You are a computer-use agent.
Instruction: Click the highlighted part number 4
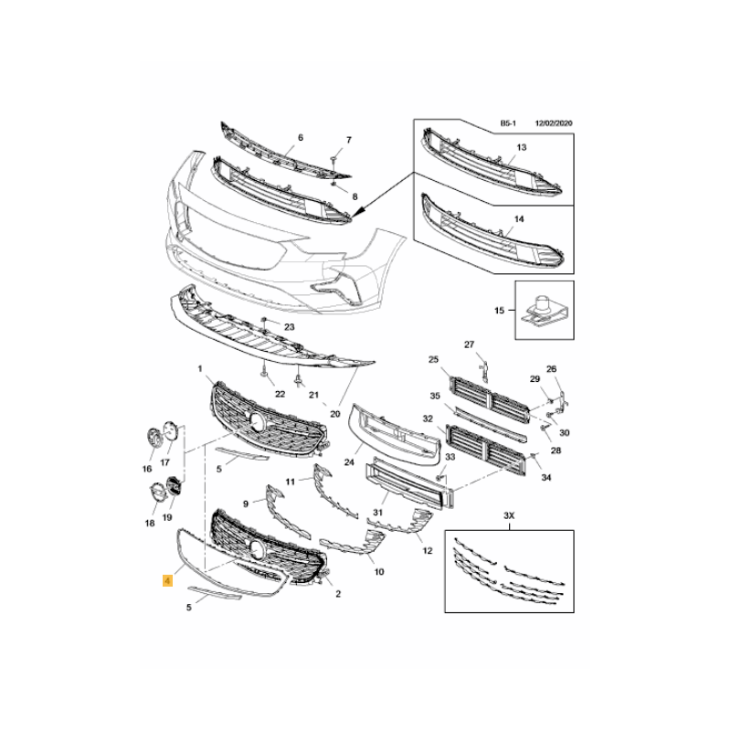pos(167,581)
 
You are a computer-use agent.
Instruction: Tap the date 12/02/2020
pos(554,123)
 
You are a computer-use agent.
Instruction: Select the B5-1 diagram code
pos(508,123)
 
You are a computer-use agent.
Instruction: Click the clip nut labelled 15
pos(542,311)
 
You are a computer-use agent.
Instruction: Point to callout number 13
pos(521,147)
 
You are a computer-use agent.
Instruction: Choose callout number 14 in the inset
pos(519,218)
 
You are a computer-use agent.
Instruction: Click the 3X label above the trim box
pos(509,515)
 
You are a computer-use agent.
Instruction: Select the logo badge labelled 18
pos(156,493)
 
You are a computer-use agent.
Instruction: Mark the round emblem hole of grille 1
pos(258,421)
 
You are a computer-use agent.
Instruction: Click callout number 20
pos(335,414)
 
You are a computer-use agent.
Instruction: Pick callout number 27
pos(469,344)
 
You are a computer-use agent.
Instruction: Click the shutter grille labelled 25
pos(490,399)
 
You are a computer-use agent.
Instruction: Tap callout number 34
pos(546,477)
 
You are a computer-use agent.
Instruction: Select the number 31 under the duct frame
pos(377,513)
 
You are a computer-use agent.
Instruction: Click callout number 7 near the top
pos(349,140)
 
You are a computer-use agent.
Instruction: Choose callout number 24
pos(349,462)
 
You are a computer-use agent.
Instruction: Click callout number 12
pos(428,551)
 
